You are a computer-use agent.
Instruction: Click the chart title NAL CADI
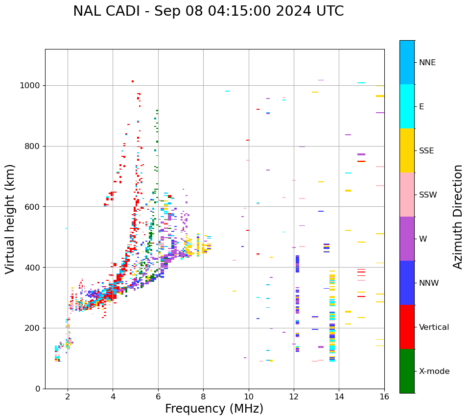coord(208,11)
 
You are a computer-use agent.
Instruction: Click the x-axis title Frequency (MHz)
coord(214,409)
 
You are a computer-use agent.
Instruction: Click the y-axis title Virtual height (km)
coord(10,219)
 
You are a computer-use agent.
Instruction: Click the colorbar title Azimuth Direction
coord(458,217)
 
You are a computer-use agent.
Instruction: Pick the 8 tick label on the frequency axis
coord(203,396)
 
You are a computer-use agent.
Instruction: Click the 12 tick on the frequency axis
coord(294,396)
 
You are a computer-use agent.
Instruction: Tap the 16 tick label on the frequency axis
coord(384,396)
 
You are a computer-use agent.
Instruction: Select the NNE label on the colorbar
coord(427,63)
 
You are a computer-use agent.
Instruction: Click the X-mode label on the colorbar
coord(434,371)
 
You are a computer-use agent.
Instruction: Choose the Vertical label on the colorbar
coord(434,327)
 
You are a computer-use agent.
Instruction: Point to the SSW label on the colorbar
coord(428,195)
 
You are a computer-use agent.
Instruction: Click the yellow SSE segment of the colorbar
coord(407,150)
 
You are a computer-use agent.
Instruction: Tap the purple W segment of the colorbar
coord(407,239)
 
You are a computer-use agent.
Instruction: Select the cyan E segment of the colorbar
coord(407,106)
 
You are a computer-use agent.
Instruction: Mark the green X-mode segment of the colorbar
coord(407,371)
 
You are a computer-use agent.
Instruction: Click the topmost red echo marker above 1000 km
coord(133,81)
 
